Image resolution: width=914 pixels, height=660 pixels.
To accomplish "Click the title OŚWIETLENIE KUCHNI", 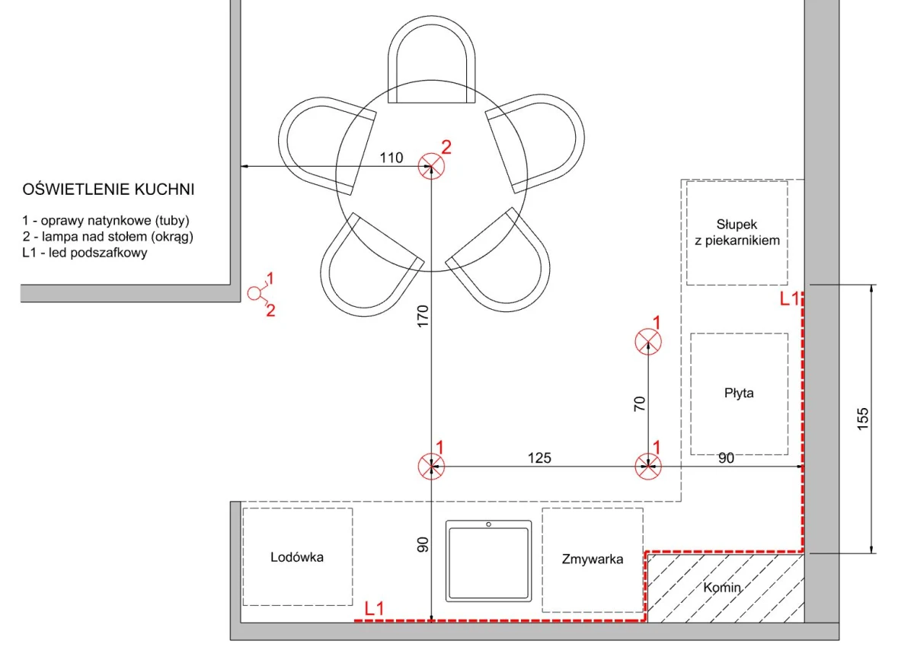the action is (x=108, y=190).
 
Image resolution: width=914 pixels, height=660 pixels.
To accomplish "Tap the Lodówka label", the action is (x=296, y=557).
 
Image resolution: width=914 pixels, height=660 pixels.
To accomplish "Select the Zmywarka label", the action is (x=593, y=559).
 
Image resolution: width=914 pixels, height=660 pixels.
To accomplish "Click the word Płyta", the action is (x=739, y=393).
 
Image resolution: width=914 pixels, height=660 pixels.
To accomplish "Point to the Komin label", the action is (x=722, y=588).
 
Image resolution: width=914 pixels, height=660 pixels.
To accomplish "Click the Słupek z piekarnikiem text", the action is (x=737, y=232).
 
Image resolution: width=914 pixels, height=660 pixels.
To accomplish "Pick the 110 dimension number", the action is (x=391, y=158).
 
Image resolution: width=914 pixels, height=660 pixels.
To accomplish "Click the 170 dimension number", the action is (x=423, y=316).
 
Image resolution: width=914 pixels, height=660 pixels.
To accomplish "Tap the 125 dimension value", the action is (x=539, y=458).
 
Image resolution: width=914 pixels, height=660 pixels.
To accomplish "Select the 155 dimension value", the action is (x=862, y=419).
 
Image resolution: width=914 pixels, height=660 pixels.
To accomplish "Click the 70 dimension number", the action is (x=639, y=403).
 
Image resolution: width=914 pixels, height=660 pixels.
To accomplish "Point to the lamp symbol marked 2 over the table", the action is (x=431, y=166).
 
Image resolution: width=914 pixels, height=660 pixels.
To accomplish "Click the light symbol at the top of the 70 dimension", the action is (x=648, y=342).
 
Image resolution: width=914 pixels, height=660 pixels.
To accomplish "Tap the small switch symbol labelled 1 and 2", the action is (x=254, y=293).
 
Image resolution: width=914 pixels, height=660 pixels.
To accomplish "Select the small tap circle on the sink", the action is (x=488, y=524).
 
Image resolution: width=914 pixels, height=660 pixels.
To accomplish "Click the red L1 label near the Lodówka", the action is (x=374, y=608).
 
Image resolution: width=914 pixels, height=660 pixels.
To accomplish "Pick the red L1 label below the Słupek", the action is (x=789, y=298).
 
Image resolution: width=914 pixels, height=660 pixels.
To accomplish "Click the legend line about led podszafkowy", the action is (x=85, y=253).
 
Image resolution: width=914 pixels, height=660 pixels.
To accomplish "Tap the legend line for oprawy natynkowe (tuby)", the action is (x=106, y=221).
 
